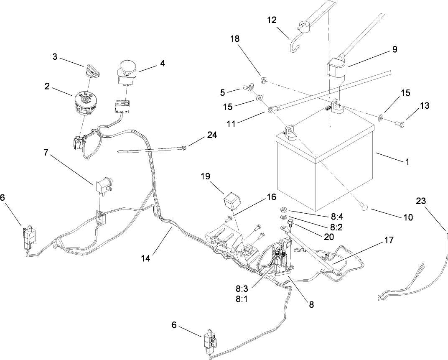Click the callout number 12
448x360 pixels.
[x=272, y=20]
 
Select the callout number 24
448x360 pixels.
[x=212, y=135]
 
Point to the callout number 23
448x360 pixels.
[x=421, y=201]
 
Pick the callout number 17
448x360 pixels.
[x=389, y=240]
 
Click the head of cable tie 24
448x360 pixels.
[x=184, y=147]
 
